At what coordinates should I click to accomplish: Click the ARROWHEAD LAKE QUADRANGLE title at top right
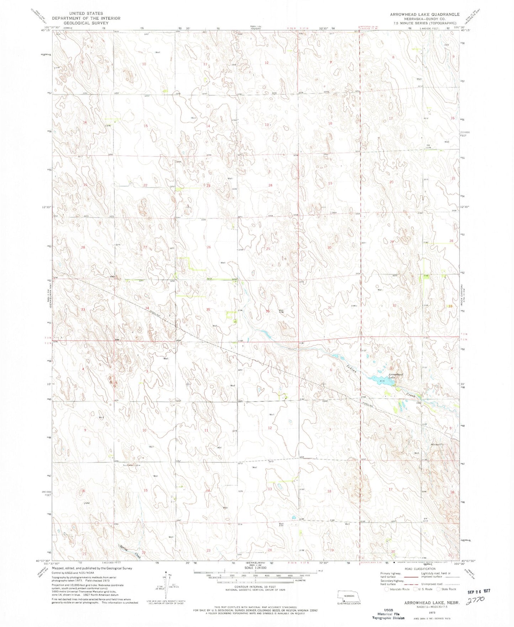click(x=424, y=14)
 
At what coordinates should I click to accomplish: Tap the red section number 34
click(x=147, y=308)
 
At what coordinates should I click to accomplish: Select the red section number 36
click(x=267, y=311)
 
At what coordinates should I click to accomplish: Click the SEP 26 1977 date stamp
click(x=478, y=591)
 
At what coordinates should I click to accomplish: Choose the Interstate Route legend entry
click(x=397, y=589)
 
